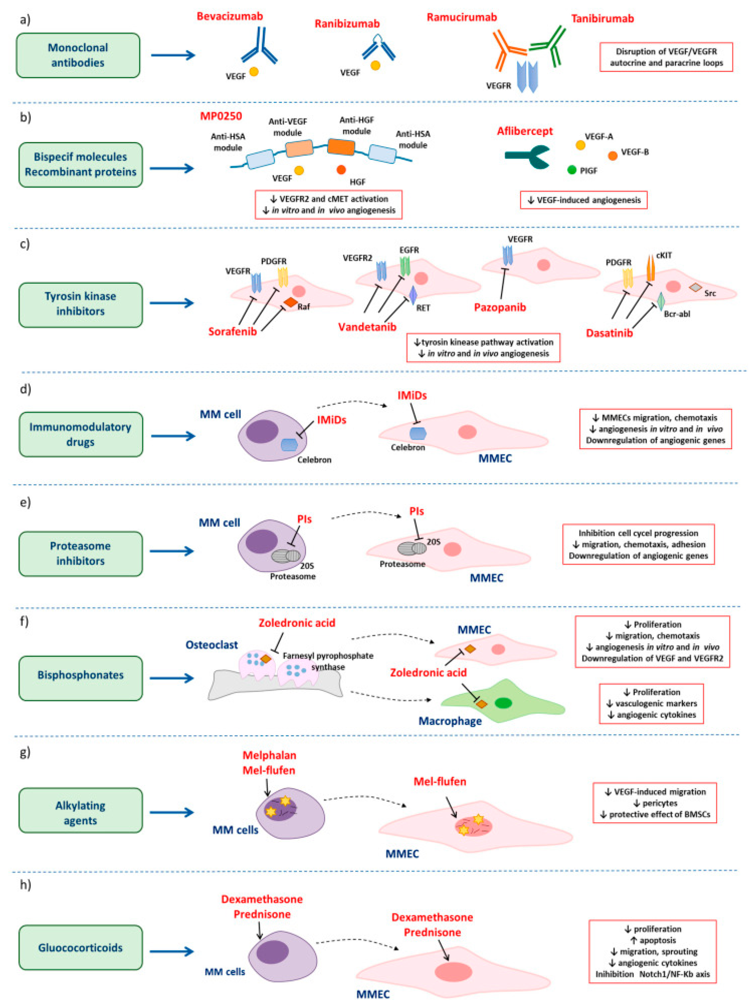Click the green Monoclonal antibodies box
[x=78, y=55]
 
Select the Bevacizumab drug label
[x=229, y=16]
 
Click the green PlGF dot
[x=572, y=170]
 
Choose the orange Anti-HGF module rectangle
[x=341, y=147]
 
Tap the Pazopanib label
[x=500, y=307]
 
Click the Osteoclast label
[x=212, y=645]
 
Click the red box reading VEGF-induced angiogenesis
[x=584, y=200]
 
